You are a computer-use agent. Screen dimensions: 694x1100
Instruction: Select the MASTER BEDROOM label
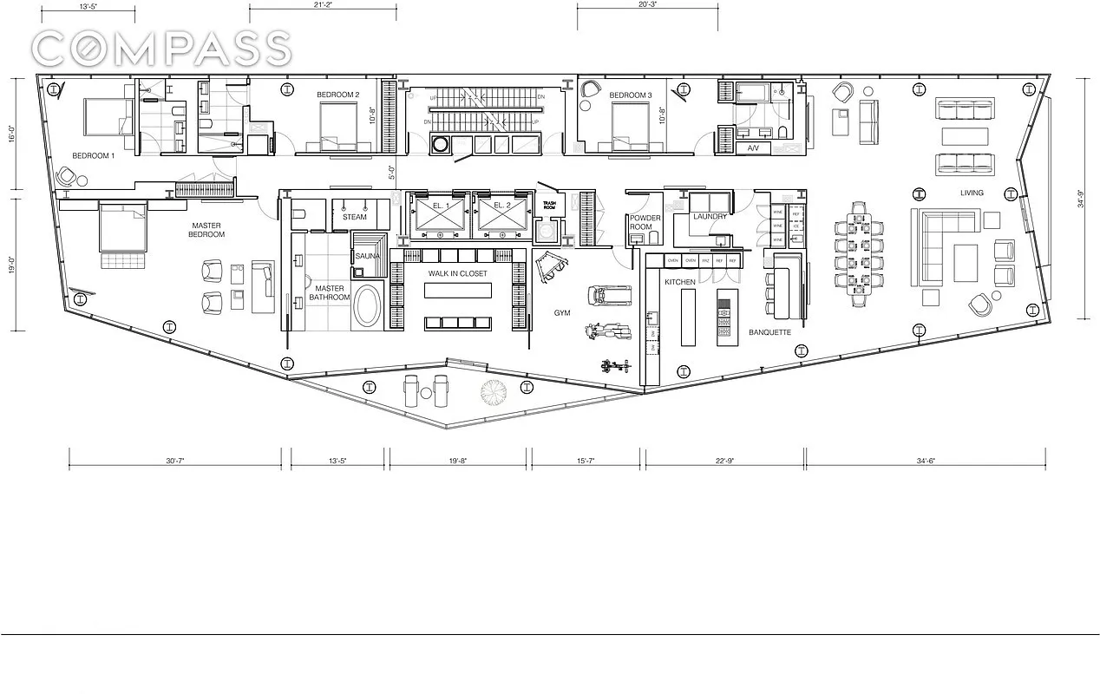pos(208,230)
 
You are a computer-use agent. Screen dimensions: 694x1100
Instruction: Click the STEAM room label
pos(355,218)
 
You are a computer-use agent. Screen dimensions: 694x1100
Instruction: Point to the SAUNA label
pos(369,257)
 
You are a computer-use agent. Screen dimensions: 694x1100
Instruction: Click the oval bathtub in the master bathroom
pos(367,307)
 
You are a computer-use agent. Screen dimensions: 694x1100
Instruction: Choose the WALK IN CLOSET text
pos(457,274)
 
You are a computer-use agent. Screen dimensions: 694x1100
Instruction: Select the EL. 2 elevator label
pos(500,206)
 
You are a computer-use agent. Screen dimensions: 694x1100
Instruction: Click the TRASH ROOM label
pos(548,206)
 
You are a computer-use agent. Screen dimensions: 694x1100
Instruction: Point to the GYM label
pos(563,312)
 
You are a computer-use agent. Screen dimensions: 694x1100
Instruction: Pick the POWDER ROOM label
pos(646,222)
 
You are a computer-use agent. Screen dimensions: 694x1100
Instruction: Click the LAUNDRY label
pos(710,217)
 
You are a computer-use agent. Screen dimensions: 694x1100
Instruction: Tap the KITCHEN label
pos(680,283)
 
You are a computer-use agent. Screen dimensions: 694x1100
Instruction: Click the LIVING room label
pos(971,193)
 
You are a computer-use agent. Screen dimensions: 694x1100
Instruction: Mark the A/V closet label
pos(753,148)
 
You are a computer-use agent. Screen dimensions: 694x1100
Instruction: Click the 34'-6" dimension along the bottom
pos(926,462)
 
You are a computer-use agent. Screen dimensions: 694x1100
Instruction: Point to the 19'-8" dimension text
pos(458,462)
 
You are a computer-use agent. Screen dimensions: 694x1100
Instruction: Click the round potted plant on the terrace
pos(494,391)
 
